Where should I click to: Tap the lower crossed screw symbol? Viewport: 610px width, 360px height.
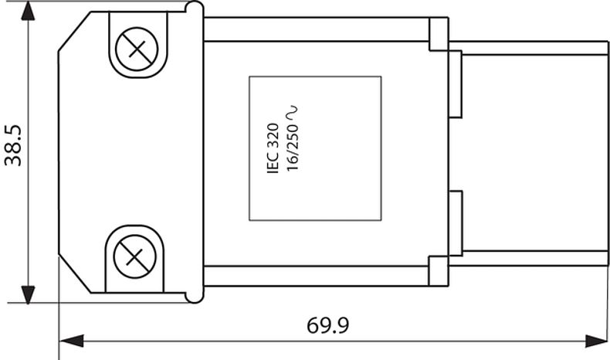(x=134, y=256)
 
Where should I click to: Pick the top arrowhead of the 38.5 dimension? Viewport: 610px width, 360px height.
(x=29, y=11)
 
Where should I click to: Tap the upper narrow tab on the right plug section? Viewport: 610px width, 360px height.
(x=455, y=83)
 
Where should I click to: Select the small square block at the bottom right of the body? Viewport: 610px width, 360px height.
(x=438, y=271)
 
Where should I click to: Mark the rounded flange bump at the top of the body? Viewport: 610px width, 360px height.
(x=194, y=8)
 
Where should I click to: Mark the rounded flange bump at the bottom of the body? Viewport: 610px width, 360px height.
(x=194, y=296)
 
